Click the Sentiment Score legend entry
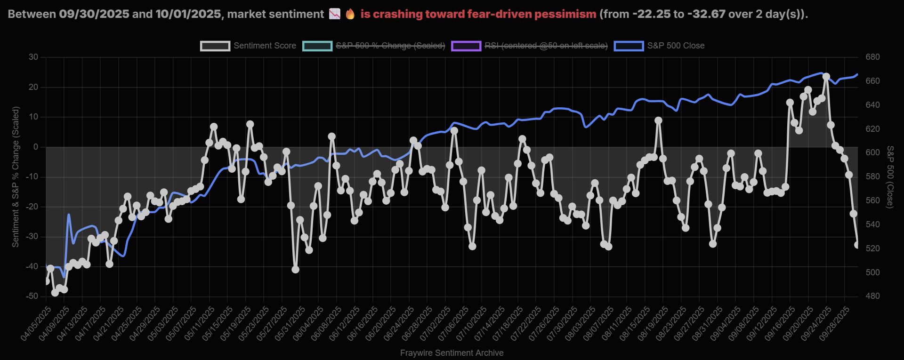248,46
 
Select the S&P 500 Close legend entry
659,46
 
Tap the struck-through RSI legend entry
529,46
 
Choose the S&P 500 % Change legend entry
374,46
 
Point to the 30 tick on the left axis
33,57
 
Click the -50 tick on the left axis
32,296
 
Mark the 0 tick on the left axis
36,147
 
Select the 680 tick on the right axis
872,57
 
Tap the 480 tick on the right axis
872,296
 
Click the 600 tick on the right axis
872,152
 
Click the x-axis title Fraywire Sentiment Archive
452,353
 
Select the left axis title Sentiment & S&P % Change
16,176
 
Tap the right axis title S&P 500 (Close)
890,176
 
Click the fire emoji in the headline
350,14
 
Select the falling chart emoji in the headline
334,14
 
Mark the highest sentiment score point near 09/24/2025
826,77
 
